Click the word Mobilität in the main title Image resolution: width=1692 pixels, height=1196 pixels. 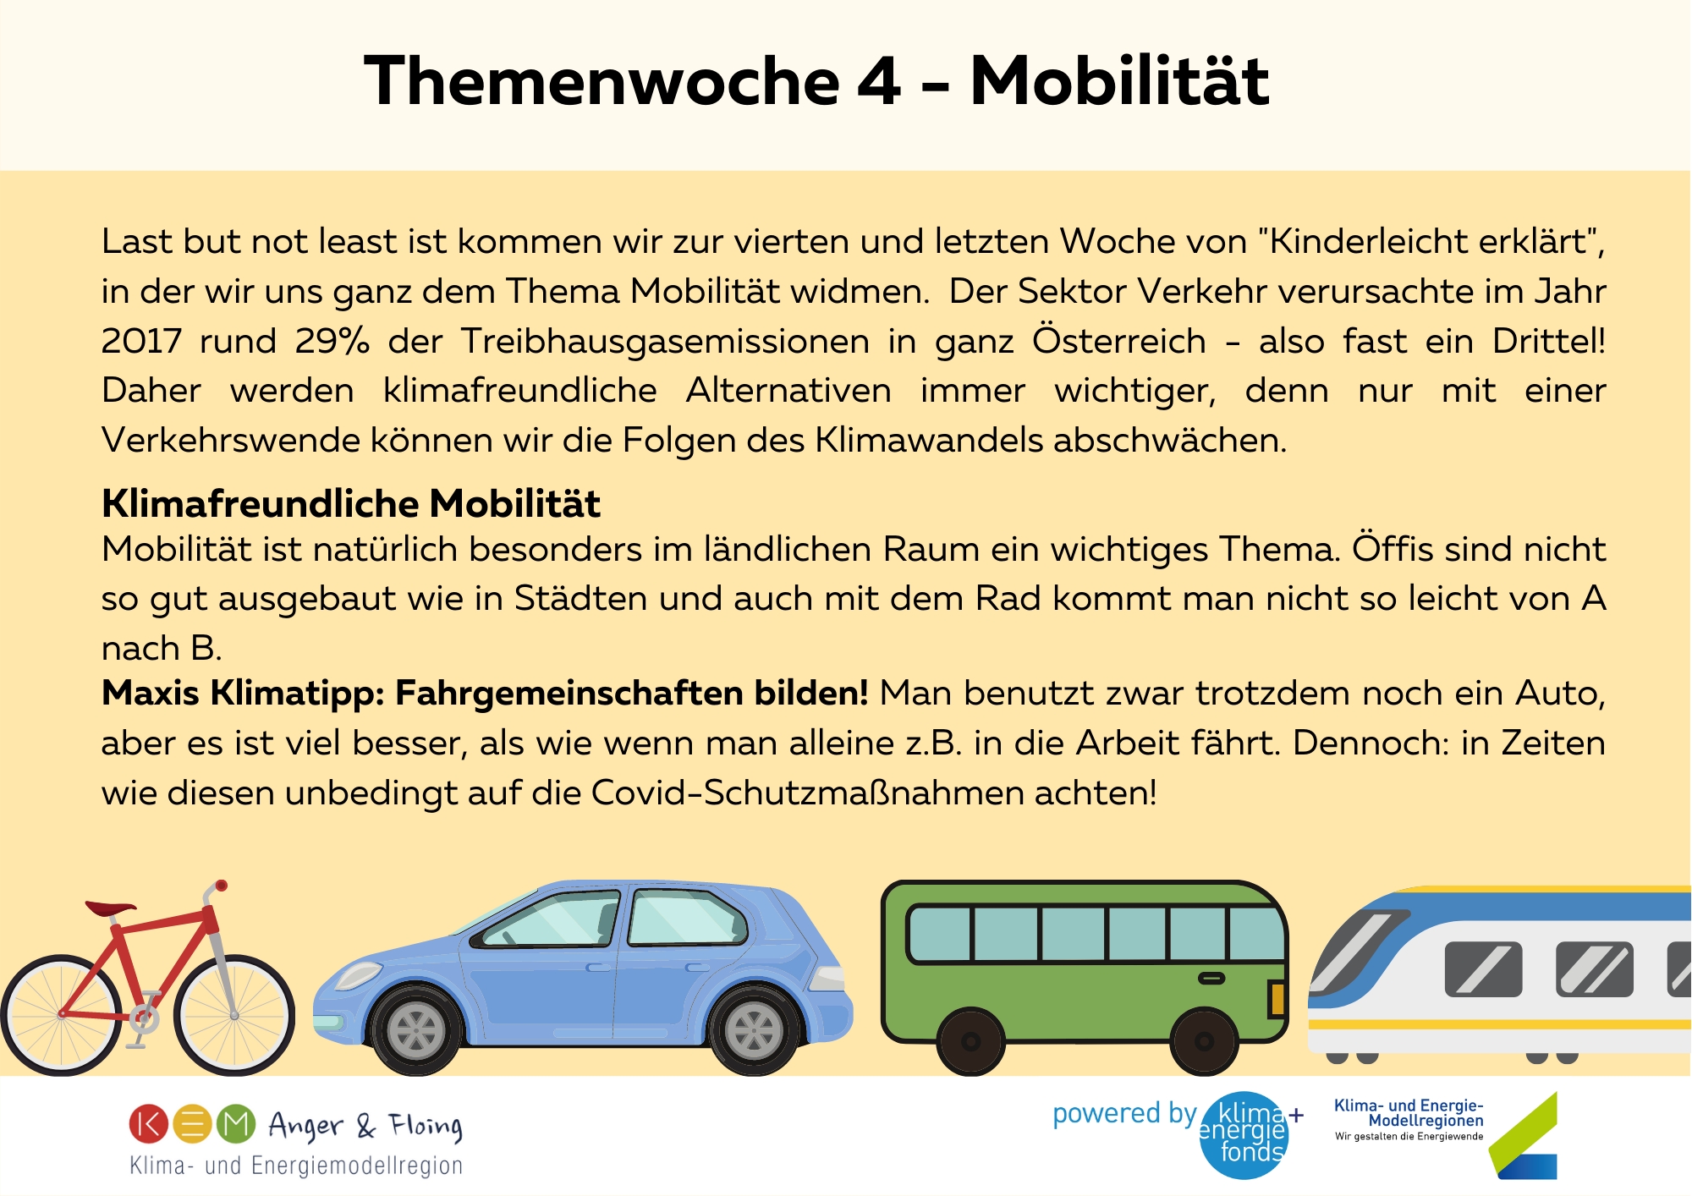[x=1118, y=81]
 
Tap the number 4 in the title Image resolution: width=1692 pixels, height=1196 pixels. [x=880, y=81]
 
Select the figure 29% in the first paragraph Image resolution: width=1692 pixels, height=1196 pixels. [x=332, y=341]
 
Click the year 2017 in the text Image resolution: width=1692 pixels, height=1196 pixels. [x=141, y=341]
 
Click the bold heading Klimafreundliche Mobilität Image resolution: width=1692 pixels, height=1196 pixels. [x=351, y=503]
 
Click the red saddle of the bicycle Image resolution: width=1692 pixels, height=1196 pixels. [x=110, y=909]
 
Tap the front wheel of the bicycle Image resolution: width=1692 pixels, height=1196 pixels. [x=234, y=1015]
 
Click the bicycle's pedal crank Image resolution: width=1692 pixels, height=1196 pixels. [x=143, y=1018]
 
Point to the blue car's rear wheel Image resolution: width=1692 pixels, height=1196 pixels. [x=753, y=1031]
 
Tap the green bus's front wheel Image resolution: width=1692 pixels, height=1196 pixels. [x=1204, y=1041]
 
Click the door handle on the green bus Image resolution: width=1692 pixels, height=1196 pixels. [x=1211, y=979]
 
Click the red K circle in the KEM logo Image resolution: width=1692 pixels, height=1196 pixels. [x=149, y=1124]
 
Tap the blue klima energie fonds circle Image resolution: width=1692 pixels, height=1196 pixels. [x=1244, y=1135]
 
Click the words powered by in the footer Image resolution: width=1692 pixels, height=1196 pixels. [x=1124, y=1114]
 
